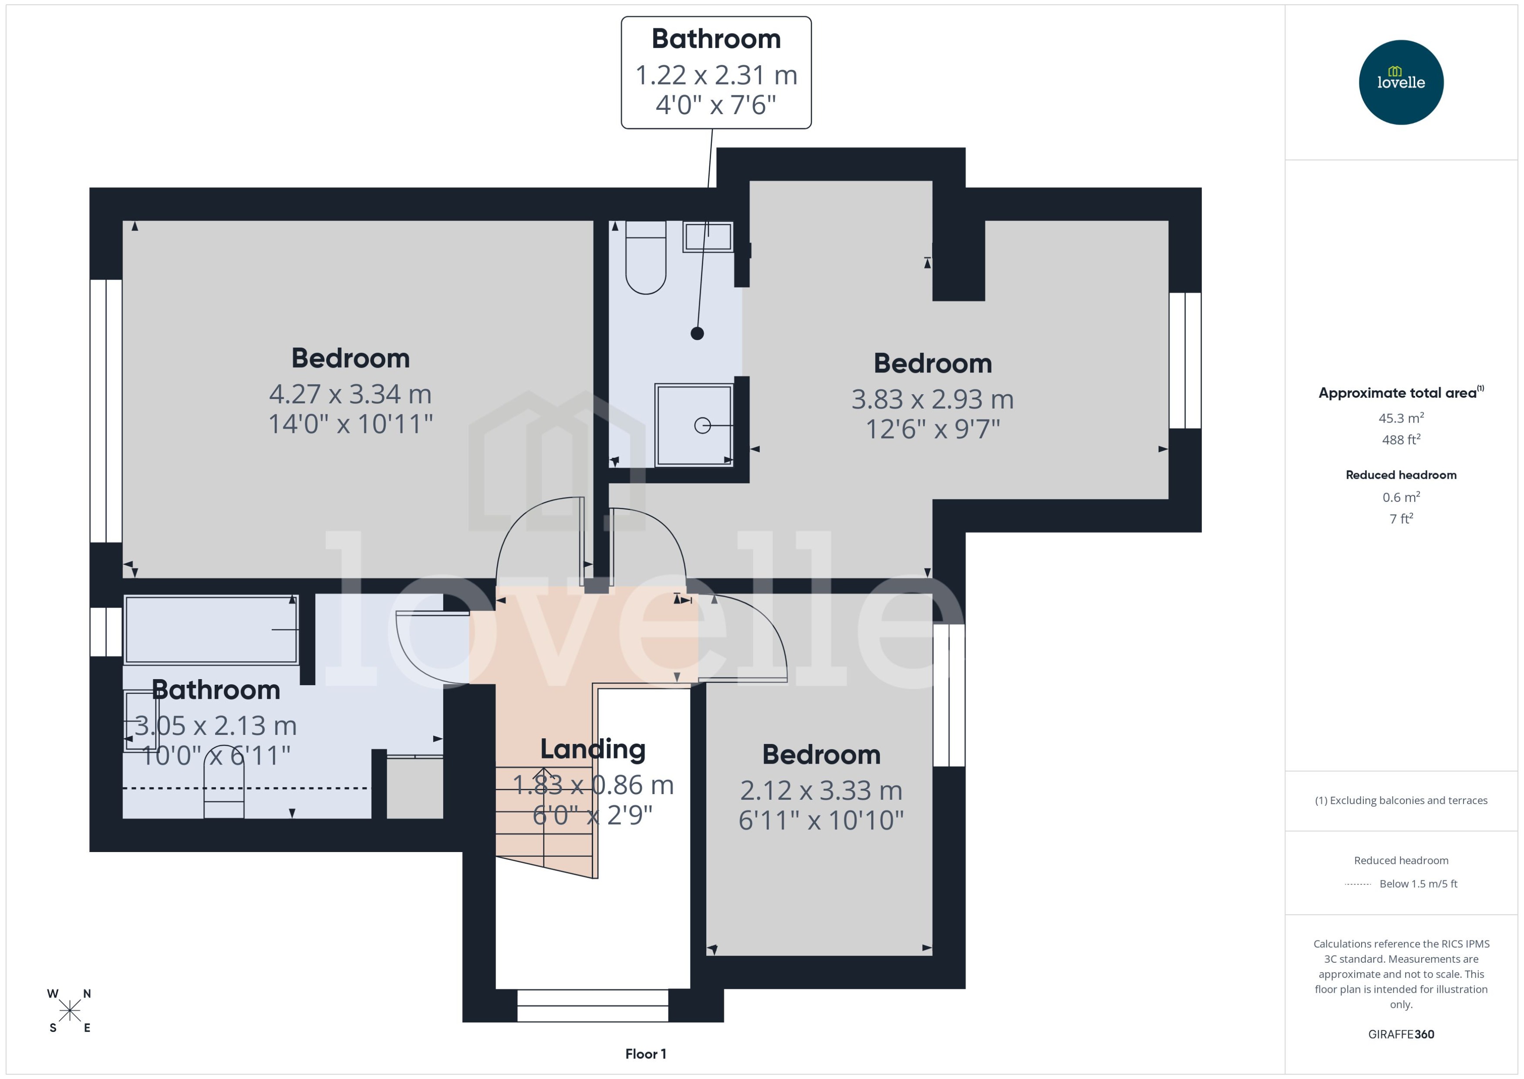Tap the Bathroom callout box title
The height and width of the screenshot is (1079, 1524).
716,39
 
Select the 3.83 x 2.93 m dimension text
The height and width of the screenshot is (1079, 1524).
932,399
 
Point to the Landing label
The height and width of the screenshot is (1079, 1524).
592,749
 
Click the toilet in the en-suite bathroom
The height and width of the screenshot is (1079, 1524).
645,259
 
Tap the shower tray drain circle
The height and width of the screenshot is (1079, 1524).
702,425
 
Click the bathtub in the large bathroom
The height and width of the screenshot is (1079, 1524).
210,629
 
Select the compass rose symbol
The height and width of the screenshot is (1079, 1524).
69,1011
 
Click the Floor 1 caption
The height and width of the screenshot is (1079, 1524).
645,1054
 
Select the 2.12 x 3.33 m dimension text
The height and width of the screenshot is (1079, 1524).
821,791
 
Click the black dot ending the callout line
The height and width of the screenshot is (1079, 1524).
697,334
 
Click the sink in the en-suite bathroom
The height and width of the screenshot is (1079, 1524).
708,237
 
